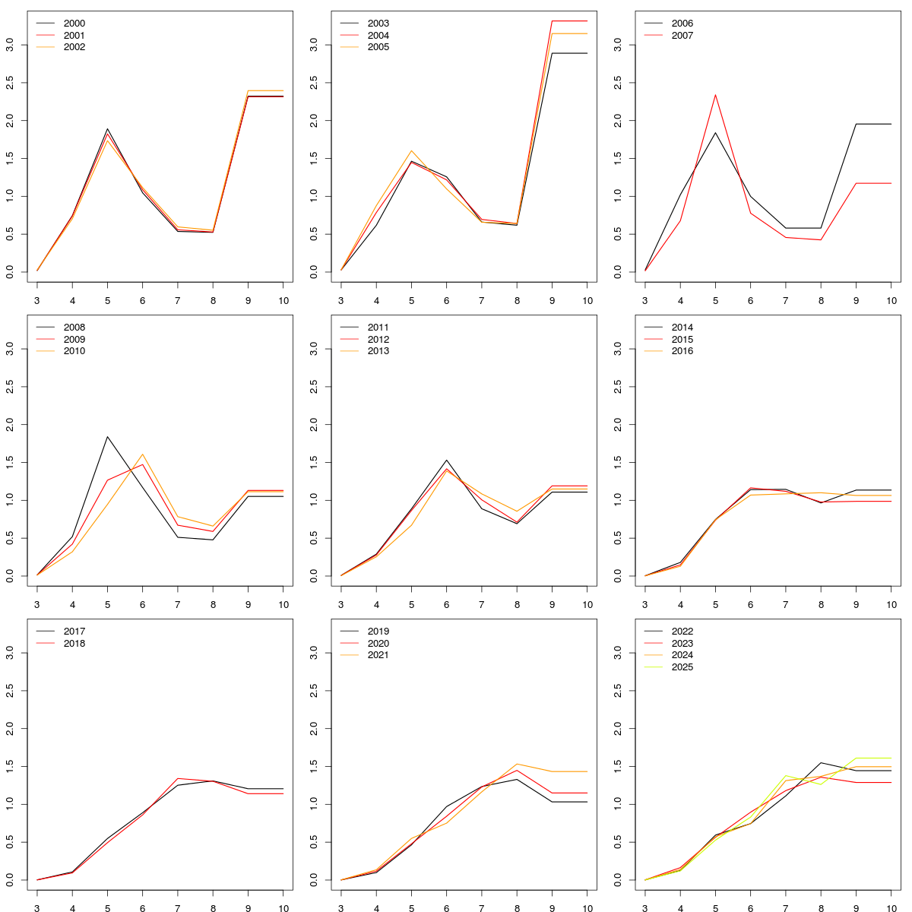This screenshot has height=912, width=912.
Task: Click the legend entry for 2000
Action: (x=74, y=24)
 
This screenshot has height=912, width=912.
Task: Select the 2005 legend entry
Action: (x=378, y=47)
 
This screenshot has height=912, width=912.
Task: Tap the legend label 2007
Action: (x=682, y=36)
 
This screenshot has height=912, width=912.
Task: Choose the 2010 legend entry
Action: (x=74, y=351)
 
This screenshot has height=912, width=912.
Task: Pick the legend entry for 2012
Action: (x=378, y=340)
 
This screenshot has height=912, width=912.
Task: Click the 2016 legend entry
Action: (x=682, y=351)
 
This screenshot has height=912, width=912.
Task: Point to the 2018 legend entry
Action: (x=74, y=644)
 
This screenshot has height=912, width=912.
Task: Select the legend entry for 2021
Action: (x=378, y=655)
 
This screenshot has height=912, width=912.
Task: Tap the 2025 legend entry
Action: (x=682, y=667)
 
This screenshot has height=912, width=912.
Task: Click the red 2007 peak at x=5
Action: (x=715, y=95)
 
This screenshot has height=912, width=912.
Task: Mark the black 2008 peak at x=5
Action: (x=107, y=436)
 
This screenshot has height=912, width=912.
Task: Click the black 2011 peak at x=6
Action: (x=447, y=460)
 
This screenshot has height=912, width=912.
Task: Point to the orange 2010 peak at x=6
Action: (x=143, y=454)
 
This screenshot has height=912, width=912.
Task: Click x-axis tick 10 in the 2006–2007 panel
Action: (x=891, y=301)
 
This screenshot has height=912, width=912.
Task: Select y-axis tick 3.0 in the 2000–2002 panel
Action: (x=10, y=45)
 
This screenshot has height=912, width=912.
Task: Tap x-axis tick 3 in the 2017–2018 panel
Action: (x=37, y=908)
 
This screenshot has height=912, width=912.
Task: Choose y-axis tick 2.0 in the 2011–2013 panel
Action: (x=314, y=424)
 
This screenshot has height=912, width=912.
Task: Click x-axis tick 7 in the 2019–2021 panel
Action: (x=482, y=908)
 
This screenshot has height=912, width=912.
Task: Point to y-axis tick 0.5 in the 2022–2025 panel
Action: (x=618, y=842)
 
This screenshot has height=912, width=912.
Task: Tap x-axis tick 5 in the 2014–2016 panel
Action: (x=715, y=605)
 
